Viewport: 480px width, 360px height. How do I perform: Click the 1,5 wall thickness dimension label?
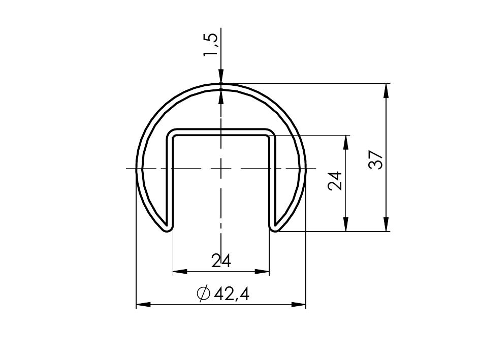point(211,45)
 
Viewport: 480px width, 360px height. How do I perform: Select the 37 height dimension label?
point(375,159)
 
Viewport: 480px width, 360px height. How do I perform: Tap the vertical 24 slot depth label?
point(335,181)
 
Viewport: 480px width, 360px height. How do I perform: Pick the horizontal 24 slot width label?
point(221,261)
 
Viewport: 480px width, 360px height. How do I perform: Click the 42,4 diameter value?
point(232,294)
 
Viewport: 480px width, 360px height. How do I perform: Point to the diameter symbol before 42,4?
point(204,294)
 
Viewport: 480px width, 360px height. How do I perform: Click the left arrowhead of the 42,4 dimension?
point(143,305)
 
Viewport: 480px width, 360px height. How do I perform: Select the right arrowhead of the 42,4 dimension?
point(299,305)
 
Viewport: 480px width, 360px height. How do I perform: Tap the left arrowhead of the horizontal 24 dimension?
point(180,271)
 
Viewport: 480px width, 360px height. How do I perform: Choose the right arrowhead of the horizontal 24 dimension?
point(262,271)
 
